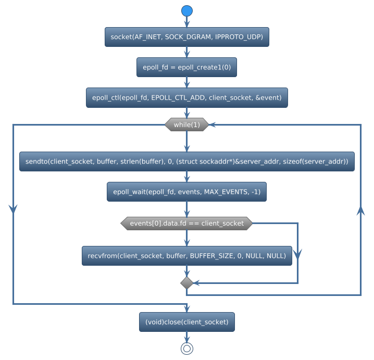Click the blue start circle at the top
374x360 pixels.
point(186,11)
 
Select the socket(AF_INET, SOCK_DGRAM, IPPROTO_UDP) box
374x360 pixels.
point(186,37)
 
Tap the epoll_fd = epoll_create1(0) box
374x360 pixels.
point(186,67)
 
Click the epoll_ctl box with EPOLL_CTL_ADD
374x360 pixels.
point(186,97)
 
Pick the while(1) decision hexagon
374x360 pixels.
point(186,125)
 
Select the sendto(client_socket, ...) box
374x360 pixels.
point(186,162)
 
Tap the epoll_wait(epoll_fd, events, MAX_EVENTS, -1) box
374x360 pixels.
point(186,192)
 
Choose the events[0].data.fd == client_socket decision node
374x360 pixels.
point(186,224)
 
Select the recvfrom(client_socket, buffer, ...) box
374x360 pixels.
point(186,256)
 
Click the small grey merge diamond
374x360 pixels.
point(186,283)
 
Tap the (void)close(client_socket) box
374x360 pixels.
point(186,322)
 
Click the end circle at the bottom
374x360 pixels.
point(186,349)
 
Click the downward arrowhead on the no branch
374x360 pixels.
point(297,254)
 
